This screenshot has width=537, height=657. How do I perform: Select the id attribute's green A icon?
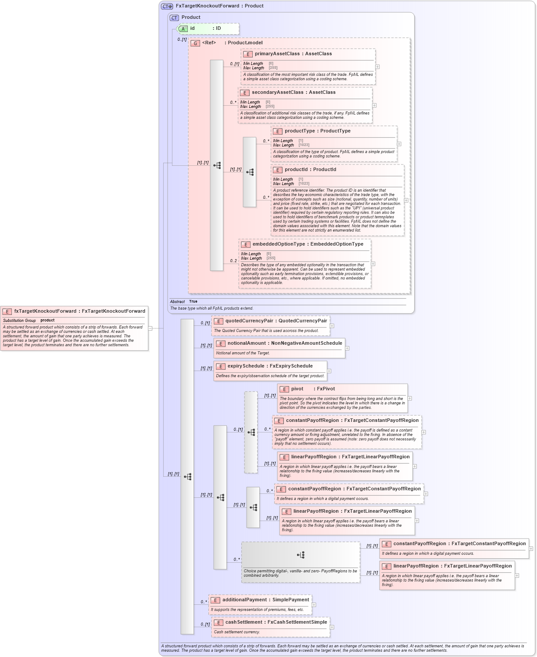click(183, 29)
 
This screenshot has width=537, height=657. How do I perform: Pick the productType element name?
click(300, 131)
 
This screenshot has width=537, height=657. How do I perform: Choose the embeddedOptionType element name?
click(279, 244)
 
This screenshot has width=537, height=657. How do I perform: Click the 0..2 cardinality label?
click(233, 261)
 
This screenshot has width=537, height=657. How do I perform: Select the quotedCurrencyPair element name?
click(249, 321)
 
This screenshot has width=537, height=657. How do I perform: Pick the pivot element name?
click(297, 389)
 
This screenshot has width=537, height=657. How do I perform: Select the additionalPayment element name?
click(244, 600)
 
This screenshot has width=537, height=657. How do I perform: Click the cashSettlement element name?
click(243, 622)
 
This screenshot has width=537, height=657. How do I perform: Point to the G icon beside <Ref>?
click(195, 43)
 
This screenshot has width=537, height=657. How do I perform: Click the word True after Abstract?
click(193, 301)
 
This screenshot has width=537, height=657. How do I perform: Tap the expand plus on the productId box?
click(406, 200)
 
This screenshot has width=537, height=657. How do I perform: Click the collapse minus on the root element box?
click(150, 328)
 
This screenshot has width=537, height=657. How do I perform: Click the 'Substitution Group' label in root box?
click(19, 321)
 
